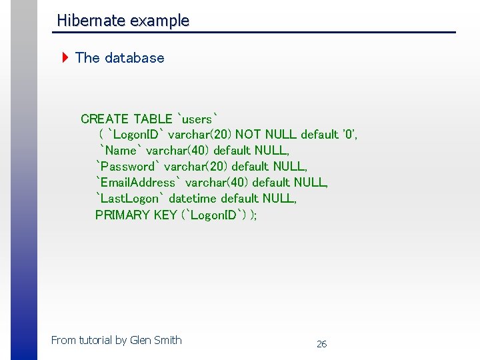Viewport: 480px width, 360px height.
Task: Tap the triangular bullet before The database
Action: [x=65, y=57]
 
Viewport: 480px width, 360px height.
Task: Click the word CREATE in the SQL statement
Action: [x=105, y=119]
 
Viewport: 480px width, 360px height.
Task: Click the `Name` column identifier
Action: [x=121, y=151]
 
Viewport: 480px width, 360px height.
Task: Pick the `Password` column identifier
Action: [x=127, y=167]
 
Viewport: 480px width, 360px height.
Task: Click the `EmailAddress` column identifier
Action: [x=138, y=183]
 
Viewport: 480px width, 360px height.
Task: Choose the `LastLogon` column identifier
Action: [x=130, y=199]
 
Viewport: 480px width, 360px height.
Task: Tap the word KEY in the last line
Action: [x=165, y=215]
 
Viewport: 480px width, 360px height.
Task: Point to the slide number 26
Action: [x=321, y=344]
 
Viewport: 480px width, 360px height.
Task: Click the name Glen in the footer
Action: [x=141, y=340]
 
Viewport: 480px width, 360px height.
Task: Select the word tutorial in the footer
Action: [x=96, y=340]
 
